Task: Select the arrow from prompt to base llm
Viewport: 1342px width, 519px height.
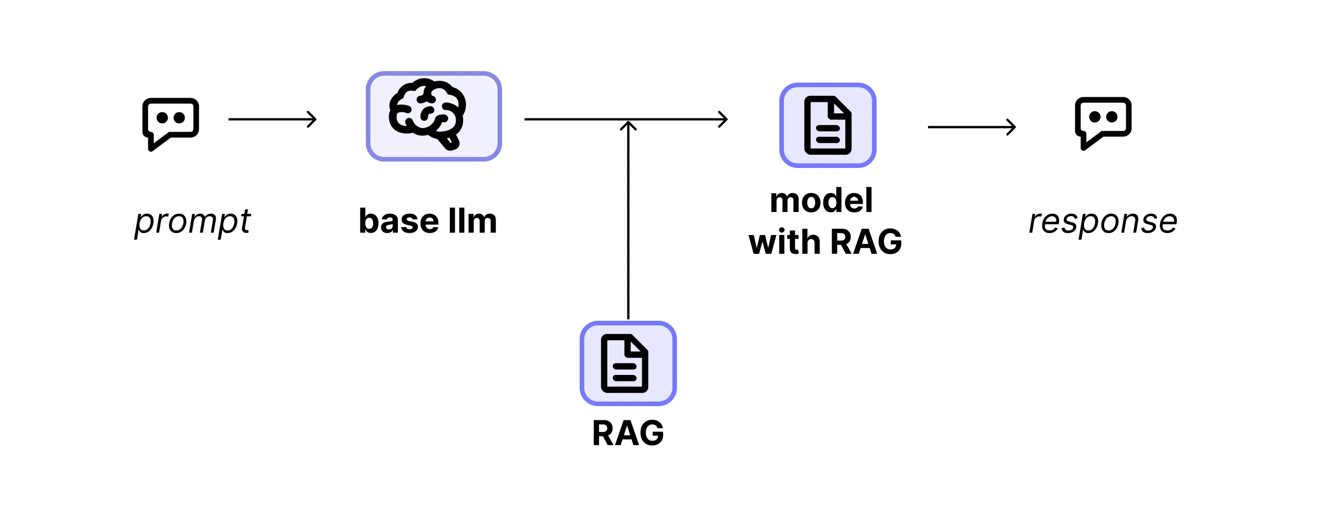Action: click(272, 119)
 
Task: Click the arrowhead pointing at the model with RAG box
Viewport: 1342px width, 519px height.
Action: click(723, 119)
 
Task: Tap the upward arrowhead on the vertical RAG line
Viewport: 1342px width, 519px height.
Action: click(628, 126)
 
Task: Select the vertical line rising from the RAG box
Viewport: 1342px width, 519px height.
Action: click(628, 224)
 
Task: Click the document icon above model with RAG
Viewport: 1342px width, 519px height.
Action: click(828, 125)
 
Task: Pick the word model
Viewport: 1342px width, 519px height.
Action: click(821, 201)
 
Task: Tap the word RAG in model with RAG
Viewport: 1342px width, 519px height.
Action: click(866, 242)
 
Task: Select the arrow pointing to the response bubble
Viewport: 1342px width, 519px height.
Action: click(971, 127)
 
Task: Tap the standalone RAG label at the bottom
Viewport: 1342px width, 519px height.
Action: click(628, 434)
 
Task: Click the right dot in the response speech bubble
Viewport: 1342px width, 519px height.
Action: click(1112, 117)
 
